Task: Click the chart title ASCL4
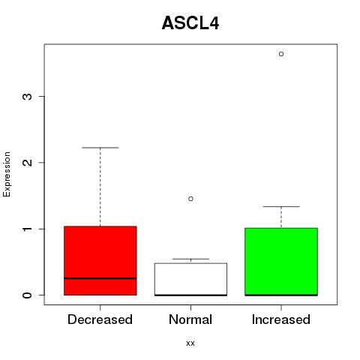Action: (x=190, y=23)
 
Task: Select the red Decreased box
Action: (x=100, y=261)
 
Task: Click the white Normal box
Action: (x=190, y=279)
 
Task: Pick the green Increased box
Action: (x=281, y=262)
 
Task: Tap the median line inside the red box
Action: (x=100, y=278)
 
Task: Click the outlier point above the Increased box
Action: (x=281, y=54)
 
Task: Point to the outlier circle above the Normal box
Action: (x=190, y=199)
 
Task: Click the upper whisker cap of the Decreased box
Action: (x=100, y=148)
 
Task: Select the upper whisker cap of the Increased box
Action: (x=281, y=206)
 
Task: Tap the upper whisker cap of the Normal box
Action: (x=190, y=259)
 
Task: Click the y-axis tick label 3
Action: (x=27, y=97)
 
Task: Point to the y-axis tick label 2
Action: (x=27, y=163)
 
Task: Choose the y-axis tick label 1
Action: (x=27, y=229)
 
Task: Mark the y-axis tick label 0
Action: (x=27, y=295)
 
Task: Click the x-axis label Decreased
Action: (x=100, y=319)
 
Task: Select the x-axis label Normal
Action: (x=190, y=319)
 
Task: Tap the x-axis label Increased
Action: (x=281, y=319)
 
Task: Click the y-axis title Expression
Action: (x=7, y=174)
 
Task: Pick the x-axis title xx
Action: (x=190, y=343)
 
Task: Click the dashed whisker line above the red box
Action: (x=100, y=187)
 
